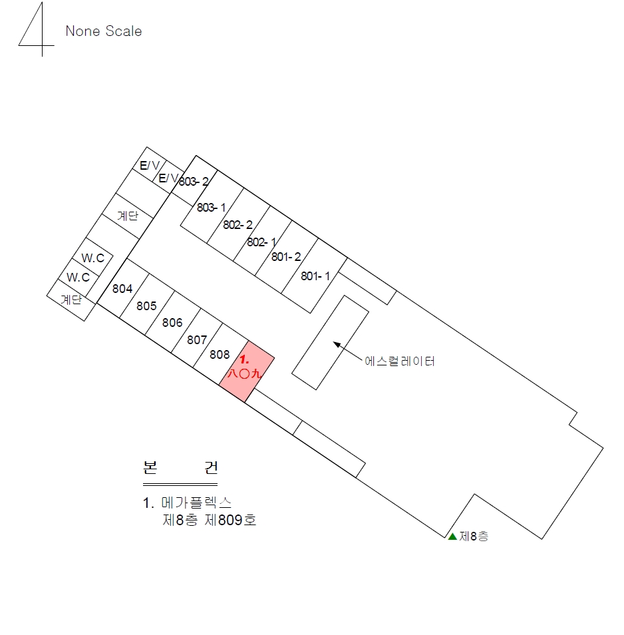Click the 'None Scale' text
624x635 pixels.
tap(104, 31)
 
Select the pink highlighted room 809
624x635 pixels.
tap(247, 372)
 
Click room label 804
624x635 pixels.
tap(122, 289)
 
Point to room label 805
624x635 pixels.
tap(146, 306)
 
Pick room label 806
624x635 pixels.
tap(172, 323)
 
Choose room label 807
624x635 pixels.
tap(197, 339)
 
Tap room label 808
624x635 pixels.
tap(220, 355)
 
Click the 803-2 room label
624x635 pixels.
tap(194, 182)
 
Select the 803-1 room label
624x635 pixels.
tap(212, 208)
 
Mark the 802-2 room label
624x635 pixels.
tap(238, 225)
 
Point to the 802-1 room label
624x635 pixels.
tap(261, 242)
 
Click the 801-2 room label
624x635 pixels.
tap(286, 257)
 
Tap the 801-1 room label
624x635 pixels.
tap(315, 276)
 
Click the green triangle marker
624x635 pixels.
tap(452, 536)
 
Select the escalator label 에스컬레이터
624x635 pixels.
tap(400, 361)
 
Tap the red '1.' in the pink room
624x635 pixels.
tap(244, 359)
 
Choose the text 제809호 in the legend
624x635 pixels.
tap(230, 520)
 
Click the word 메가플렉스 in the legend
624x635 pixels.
tap(196, 503)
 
